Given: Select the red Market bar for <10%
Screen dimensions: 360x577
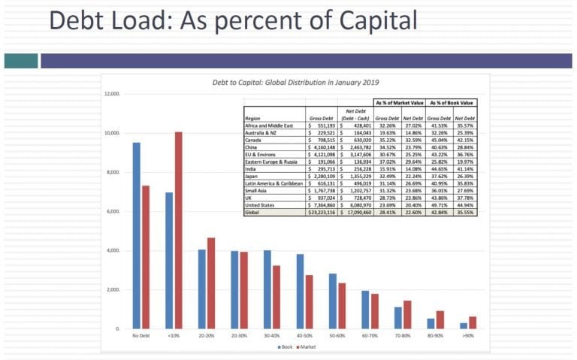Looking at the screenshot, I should point(178,230).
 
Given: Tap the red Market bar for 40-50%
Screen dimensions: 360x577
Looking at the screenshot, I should point(309,301).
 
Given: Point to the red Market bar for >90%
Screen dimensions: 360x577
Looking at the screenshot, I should point(473,322).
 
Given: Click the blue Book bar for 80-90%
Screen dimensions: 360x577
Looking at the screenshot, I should point(430,323).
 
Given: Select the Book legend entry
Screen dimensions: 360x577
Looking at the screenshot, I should point(284,346).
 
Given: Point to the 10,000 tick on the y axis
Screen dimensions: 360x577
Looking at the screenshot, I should point(114,133).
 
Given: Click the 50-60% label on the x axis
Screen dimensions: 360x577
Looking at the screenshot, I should point(337,335).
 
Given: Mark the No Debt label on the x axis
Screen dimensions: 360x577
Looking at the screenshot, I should point(140,335).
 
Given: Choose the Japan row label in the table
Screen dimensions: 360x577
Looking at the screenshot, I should point(252,177).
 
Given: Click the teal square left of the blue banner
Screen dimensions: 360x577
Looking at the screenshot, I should point(20,60).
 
